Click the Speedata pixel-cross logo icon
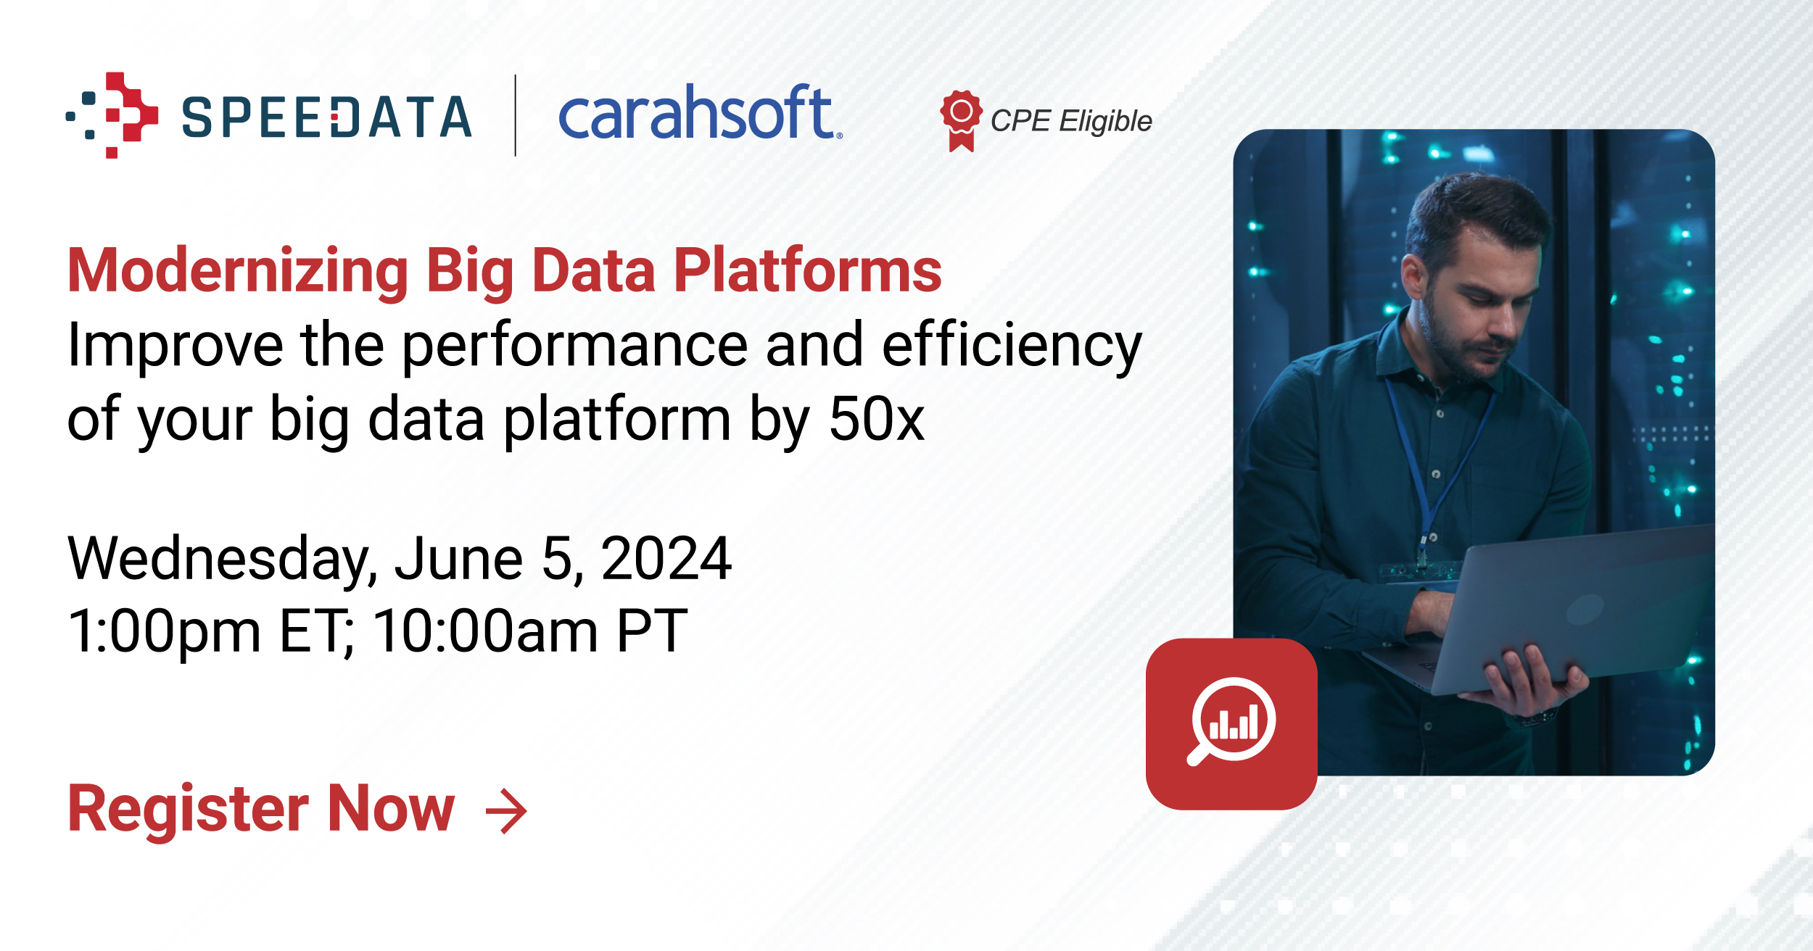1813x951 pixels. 112,115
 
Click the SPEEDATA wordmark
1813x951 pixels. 326,117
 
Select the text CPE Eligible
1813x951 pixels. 1071,121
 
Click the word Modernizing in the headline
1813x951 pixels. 238,272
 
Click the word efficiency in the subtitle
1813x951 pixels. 1012,347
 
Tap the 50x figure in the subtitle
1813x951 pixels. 877,419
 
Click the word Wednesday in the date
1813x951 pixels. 222,560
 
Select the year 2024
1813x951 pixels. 666,558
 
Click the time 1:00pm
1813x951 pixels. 164,632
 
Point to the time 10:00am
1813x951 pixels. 485,631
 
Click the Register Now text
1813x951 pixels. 261,809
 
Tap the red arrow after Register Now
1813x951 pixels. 506,811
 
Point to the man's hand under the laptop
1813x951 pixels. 1530,681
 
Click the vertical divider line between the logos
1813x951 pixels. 516,115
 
